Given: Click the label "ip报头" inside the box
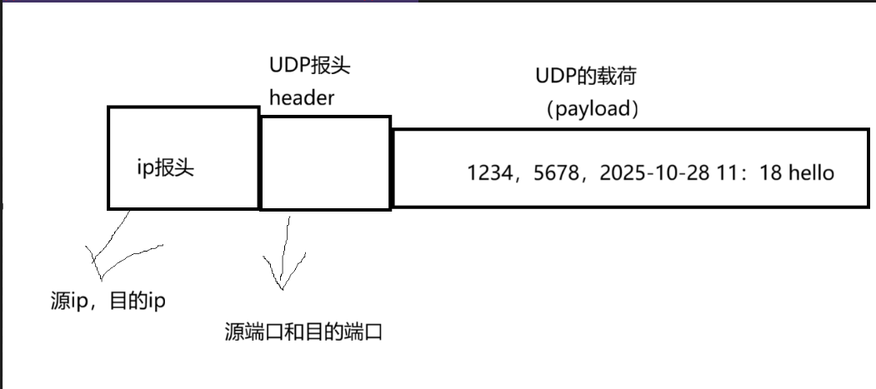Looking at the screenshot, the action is [165, 167].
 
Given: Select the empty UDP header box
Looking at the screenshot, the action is [325, 163].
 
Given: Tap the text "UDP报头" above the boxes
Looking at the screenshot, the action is [304, 67].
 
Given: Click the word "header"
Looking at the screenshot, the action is [301, 97].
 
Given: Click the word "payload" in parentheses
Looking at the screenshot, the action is [591, 110].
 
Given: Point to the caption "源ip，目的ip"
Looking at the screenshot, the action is [108, 301].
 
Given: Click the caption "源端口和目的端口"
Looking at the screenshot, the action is [303, 332].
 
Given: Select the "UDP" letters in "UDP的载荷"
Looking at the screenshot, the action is [553, 77].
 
